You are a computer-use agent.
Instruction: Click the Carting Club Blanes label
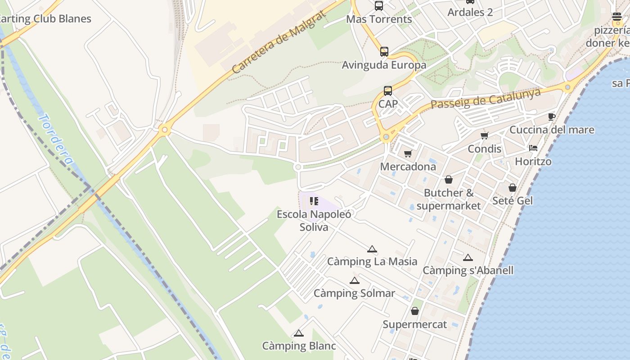coord(45,19)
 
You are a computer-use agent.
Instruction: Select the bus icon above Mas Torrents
coord(379,6)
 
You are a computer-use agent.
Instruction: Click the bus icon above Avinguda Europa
coord(384,52)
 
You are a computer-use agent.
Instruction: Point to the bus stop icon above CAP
coord(388,91)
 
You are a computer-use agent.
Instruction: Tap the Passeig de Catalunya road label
coord(486,98)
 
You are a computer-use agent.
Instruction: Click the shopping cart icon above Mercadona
coord(408,154)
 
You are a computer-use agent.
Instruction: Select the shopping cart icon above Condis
coord(485,136)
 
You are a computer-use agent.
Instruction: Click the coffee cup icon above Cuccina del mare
coord(552,117)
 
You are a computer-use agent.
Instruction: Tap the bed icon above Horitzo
coord(533,148)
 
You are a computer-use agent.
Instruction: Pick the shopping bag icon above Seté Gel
coord(513,188)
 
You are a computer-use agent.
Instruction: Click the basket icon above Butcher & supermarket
coord(449,180)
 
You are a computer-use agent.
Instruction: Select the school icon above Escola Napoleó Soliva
coord(314,201)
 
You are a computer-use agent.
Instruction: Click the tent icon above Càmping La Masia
coord(372,249)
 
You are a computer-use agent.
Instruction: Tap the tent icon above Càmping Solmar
coord(355,281)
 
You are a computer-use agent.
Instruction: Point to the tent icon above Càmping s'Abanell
coord(468,258)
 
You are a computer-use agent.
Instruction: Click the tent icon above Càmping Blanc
coord(299,333)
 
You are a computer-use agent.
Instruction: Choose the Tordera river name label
coord(56,139)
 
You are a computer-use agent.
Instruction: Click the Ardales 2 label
coord(470,12)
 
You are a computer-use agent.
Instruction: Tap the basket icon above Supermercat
coord(415,311)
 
